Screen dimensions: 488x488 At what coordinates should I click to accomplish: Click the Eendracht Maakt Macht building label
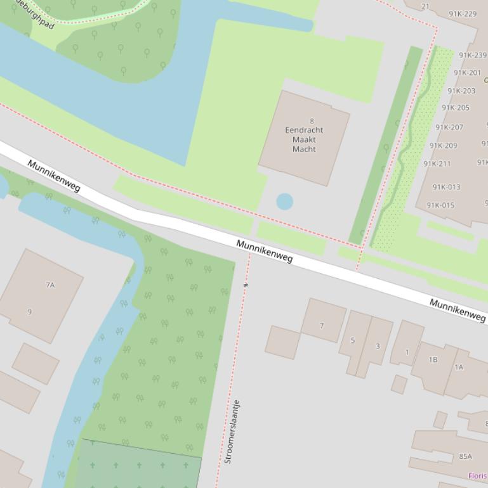[304, 139]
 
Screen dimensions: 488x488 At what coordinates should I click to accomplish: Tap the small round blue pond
[284, 202]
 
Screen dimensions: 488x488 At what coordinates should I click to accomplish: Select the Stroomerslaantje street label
[232, 431]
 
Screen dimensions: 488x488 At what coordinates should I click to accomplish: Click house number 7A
[50, 285]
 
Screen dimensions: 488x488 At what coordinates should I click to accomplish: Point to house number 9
[30, 311]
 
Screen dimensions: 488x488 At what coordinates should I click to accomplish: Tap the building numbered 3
[378, 346]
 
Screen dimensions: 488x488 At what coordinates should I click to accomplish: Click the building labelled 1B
[433, 360]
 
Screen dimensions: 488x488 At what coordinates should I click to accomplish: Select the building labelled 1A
[459, 367]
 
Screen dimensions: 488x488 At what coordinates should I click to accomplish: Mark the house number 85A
[466, 456]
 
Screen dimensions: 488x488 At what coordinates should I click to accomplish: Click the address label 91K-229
[463, 14]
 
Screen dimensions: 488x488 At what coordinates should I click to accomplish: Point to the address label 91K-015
[440, 205]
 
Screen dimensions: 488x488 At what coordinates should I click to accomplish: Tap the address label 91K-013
[446, 187]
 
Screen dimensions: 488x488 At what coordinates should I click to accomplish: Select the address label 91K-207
[449, 127]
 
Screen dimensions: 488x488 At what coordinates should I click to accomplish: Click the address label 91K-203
[461, 91]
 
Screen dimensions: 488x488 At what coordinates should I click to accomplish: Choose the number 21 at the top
[425, 7]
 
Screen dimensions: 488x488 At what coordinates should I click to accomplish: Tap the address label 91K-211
[437, 164]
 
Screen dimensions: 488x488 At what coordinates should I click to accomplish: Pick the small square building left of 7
[282, 342]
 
